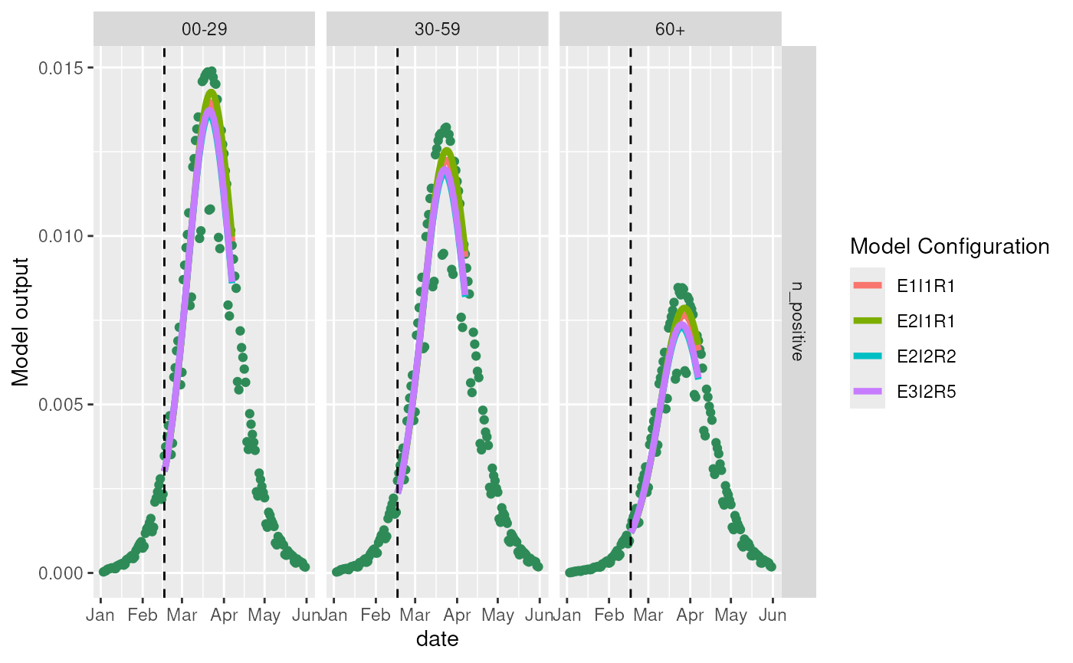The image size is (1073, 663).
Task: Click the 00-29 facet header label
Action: click(x=204, y=28)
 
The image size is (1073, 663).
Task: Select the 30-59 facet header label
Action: click(x=437, y=28)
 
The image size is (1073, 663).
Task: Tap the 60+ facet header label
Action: click(x=670, y=28)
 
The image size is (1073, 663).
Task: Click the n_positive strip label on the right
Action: click(x=799, y=321)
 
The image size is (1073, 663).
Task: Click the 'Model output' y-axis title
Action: click(x=22, y=321)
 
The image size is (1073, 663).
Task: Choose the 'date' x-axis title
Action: click(x=437, y=638)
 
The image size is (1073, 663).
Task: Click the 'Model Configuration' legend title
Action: click(x=950, y=247)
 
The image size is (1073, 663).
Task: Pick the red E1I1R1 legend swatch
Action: click(x=867, y=285)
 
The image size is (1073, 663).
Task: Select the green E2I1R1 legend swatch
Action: click(x=867, y=320)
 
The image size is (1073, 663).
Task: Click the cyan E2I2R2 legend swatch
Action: click(x=867, y=356)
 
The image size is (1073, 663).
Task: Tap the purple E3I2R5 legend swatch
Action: click(x=867, y=392)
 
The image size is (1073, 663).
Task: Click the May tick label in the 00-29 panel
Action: click(x=265, y=615)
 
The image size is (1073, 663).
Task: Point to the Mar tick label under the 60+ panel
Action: click(x=649, y=615)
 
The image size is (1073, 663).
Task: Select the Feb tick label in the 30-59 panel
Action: click(x=376, y=615)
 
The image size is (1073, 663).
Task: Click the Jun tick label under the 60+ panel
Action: click(x=772, y=615)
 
